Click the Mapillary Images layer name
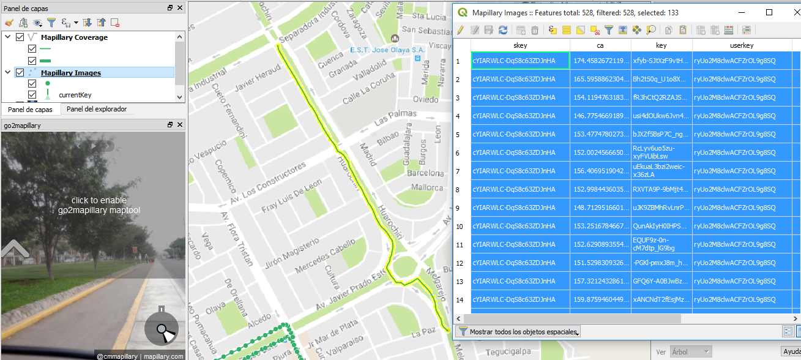[71, 73]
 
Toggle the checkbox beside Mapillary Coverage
[20, 37]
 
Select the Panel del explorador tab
[97, 110]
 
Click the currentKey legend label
[75, 96]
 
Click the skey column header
[520, 45]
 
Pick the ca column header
[600, 45]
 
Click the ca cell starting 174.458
[600, 61]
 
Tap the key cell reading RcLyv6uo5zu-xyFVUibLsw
[661, 152]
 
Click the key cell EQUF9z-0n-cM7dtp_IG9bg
[661, 244]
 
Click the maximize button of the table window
[769, 12]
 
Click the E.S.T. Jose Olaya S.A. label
[387, 50]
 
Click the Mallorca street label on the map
[427, 187]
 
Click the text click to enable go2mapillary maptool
[99, 205]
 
